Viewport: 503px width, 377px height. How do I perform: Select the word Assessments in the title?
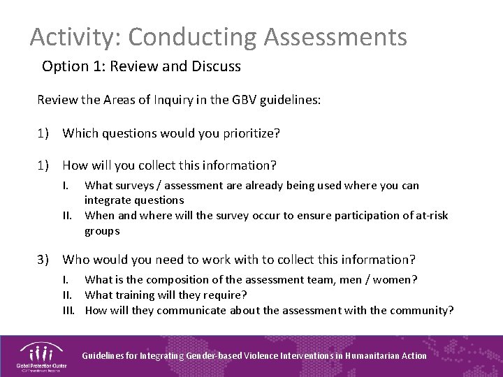pos(336,37)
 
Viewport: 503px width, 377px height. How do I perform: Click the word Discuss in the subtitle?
pos(216,67)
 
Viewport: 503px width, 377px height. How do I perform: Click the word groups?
pos(102,230)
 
